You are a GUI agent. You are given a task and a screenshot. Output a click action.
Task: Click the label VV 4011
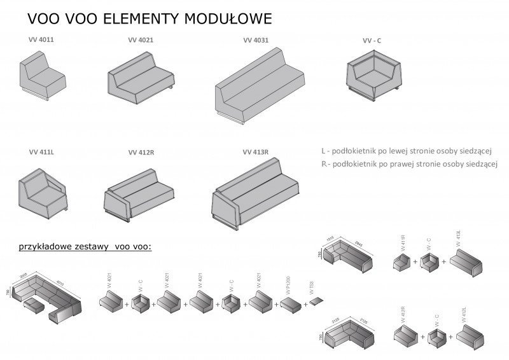click(41, 40)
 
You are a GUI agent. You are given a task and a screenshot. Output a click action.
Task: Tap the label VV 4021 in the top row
click(141, 40)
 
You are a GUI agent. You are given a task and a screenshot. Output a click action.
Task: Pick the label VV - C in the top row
click(372, 40)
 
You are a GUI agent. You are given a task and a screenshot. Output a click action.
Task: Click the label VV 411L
click(41, 153)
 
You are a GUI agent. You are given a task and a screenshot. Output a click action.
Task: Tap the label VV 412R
click(141, 153)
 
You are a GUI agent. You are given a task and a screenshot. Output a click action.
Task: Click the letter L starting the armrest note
click(324, 151)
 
